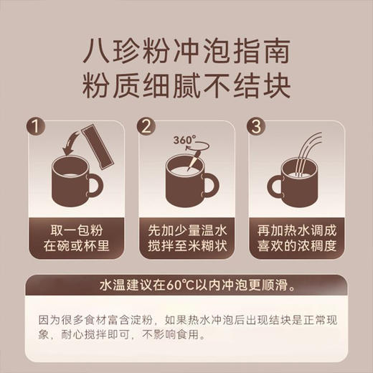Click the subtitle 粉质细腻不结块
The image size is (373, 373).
point(186,88)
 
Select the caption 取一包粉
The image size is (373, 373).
point(77,232)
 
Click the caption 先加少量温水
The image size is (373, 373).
point(186,232)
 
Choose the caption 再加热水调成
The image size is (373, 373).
point(296,232)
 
